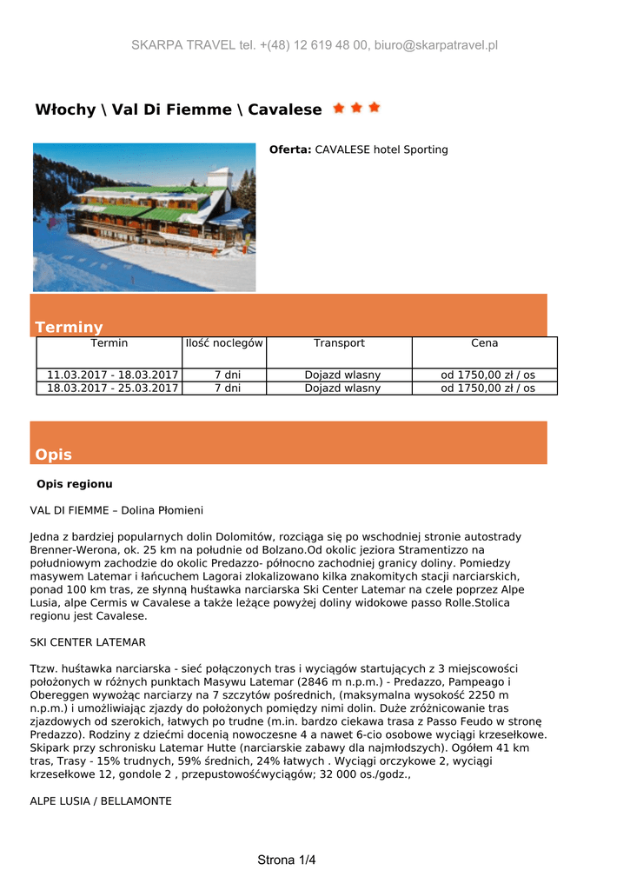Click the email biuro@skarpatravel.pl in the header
pos(436,45)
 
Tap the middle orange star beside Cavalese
pos(356,108)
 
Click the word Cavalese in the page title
pos(284,110)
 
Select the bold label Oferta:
pos(290,149)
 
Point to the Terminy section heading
pos(69,327)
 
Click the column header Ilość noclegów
pos(224,343)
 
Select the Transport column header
pos(339,343)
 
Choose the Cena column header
pos(484,343)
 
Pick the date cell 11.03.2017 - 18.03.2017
pos(109,375)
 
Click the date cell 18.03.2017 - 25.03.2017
pos(109,389)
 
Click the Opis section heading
pos(53,455)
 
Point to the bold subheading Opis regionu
pos(75,483)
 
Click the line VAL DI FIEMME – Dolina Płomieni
pos(116,510)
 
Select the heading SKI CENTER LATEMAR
pos(88,642)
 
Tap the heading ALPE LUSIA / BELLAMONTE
pos(101,800)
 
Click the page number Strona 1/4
pos(287,860)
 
